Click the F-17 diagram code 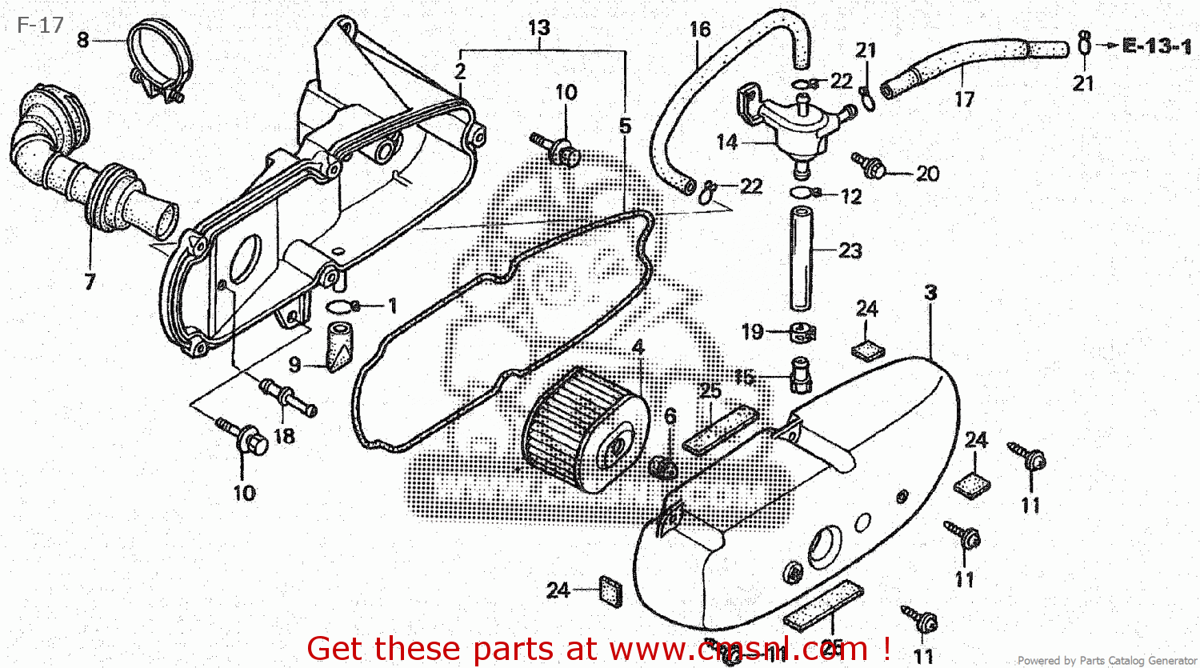(x=40, y=26)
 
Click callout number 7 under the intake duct (x=90, y=281)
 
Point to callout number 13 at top (x=538, y=28)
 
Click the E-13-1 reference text (x=1157, y=46)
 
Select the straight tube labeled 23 (x=802, y=258)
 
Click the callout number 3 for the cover (x=930, y=293)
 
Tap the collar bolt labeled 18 (x=287, y=399)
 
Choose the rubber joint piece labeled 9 (x=338, y=345)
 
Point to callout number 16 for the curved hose (x=700, y=30)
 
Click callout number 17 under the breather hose (x=965, y=99)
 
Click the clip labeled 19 (x=801, y=331)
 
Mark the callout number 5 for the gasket (x=625, y=126)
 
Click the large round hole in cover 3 (x=824, y=546)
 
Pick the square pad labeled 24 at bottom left (x=609, y=590)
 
